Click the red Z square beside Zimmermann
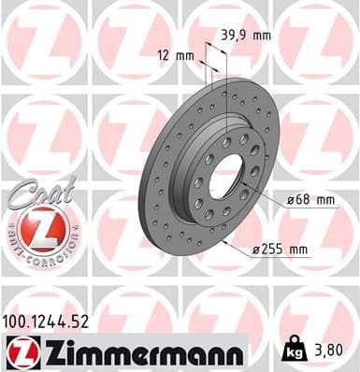pyautogui.click(x=21, y=351)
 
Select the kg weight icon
pyautogui.click(x=292, y=351)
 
